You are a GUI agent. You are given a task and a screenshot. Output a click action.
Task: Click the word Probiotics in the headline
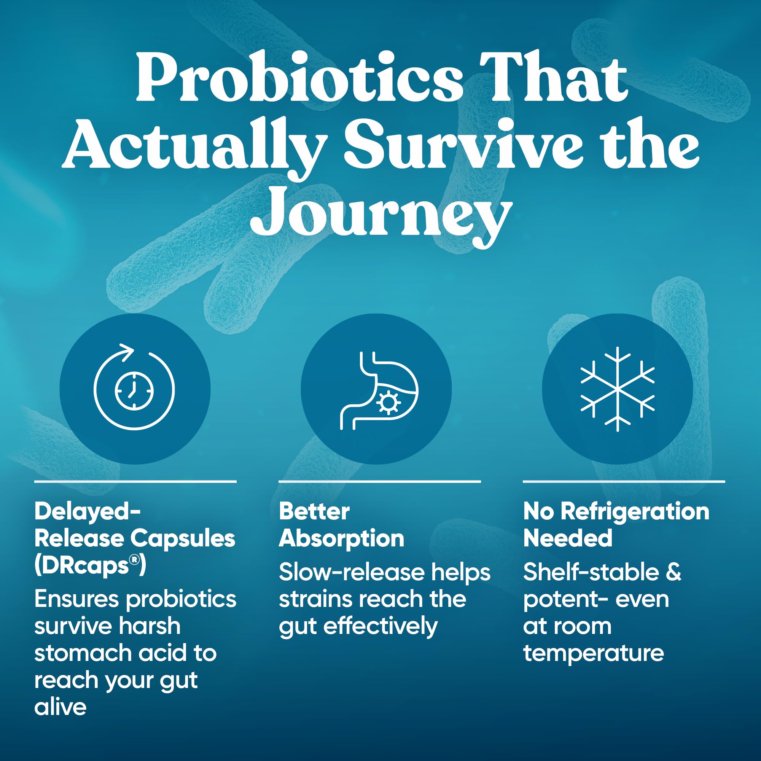300,78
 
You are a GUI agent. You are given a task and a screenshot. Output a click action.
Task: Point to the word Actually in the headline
194,147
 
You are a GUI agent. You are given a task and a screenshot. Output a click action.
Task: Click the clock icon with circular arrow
134,387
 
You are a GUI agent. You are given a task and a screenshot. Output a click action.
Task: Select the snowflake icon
618,389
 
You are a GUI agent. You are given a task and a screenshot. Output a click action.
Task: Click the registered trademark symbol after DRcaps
135,560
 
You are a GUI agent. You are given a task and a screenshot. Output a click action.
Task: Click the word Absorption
342,539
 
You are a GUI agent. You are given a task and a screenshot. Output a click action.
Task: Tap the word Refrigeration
635,512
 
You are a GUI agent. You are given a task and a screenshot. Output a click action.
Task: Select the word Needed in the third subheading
568,538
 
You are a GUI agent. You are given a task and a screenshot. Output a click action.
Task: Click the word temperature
594,653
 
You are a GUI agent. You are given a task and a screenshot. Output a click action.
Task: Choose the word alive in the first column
60,707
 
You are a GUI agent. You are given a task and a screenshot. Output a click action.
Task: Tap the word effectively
380,627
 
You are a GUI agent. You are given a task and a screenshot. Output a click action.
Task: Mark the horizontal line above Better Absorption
380,481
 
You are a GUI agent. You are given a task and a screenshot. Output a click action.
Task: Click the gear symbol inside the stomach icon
388,403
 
